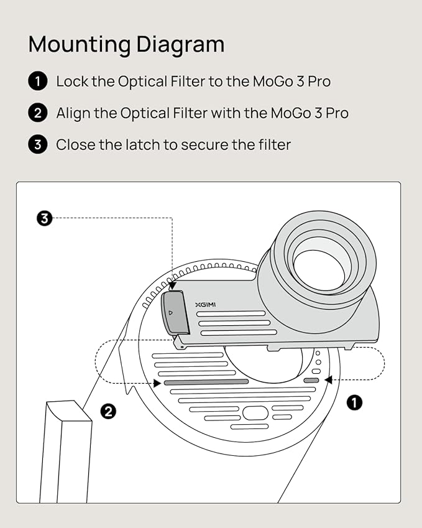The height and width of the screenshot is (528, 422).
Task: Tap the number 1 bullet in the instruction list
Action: click(37, 81)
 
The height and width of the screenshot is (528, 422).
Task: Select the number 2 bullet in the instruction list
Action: click(37, 113)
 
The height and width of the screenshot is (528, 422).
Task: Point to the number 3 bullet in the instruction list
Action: click(37, 145)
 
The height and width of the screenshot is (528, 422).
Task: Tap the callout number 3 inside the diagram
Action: click(45, 218)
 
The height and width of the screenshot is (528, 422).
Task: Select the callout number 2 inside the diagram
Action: click(108, 411)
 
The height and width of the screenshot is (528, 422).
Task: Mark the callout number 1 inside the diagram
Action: click(354, 403)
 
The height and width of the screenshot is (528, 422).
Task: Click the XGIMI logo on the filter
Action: click(204, 305)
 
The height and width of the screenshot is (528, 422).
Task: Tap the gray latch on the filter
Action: click(175, 313)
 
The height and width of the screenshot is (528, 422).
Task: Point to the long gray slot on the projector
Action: click(206, 382)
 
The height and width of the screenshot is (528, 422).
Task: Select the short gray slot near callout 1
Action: click(311, 380)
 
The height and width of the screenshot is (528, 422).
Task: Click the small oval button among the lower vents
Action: click(255, 413)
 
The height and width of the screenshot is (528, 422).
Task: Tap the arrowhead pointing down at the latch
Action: click(171, 286)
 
